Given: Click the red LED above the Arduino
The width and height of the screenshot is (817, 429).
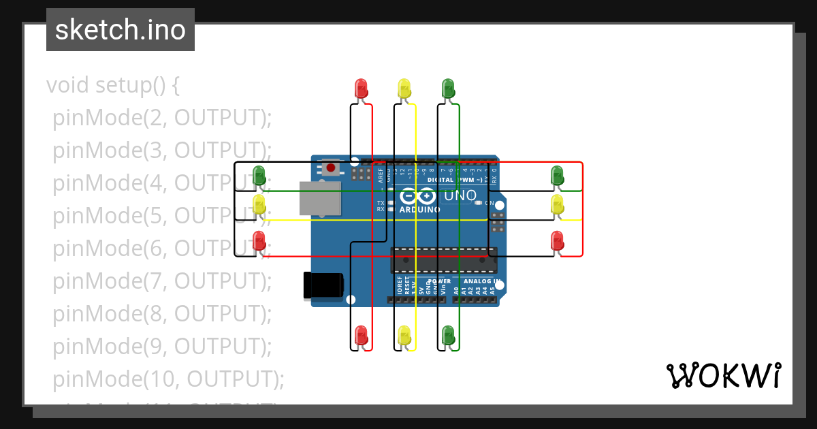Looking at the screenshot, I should point(361,89).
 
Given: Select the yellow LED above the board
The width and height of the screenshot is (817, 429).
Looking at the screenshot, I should point(404,89).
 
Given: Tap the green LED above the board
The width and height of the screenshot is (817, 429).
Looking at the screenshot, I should point(448,89).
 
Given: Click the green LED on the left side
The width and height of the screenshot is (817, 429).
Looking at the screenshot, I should point(259,175).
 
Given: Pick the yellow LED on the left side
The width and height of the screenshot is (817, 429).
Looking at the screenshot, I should point(259,204).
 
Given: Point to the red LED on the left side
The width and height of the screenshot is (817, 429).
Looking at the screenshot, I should point(259,240).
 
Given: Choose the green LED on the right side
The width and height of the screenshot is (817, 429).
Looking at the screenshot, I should point(557,175).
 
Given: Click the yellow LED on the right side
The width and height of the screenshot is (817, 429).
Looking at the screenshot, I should point(557,204).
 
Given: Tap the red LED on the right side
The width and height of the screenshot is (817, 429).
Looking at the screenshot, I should point(557,240).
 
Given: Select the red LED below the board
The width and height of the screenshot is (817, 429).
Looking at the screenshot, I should point(361,335).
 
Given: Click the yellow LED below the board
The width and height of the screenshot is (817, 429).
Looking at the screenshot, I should point(404,335).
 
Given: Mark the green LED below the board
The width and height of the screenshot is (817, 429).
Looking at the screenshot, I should point(448,335).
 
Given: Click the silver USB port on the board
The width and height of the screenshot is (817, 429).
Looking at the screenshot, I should point(319,197).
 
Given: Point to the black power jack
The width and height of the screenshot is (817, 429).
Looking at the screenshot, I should point(323,284).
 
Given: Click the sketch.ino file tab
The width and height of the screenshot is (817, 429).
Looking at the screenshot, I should point(121,30).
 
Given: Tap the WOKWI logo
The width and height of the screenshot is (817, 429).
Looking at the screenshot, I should point(723,376).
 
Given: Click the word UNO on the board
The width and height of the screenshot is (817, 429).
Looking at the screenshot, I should point(460,196).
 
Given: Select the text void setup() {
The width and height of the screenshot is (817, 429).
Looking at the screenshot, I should point(113,86).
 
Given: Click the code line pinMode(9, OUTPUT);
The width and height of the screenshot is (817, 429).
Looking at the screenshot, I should point(162,347).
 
